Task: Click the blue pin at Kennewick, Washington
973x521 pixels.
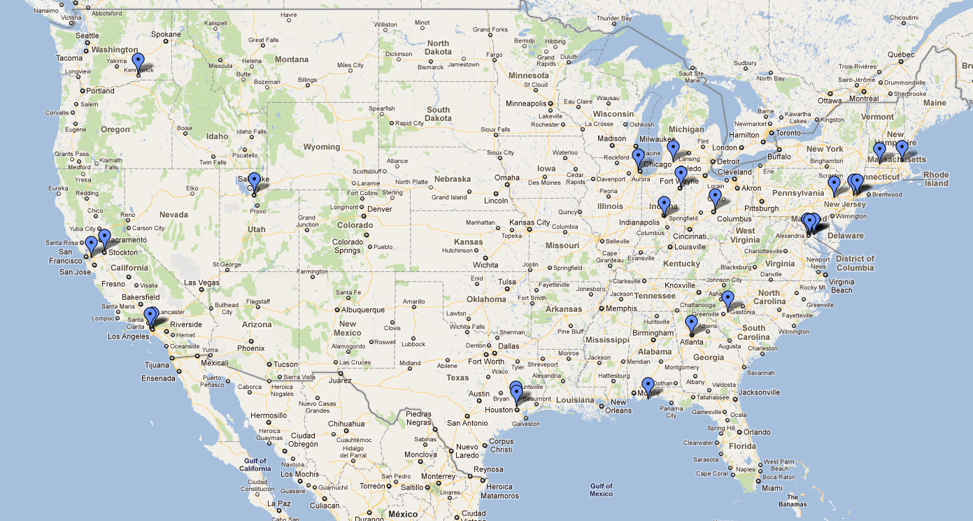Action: pyautogui.click(x=139, y=62)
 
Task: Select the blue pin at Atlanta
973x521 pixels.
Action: pyautogui.click(x=691, y=324)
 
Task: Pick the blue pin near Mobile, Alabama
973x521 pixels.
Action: pyautogui.click(x=648, y=385)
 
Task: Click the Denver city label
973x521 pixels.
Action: pyautogui.click(x=380, y=209)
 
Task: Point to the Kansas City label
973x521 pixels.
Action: pyautogui.click(x=530, y=222)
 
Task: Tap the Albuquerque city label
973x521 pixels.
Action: pyautogui.click(x=362, y=310)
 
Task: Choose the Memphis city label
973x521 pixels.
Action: pyautogui.click(x=622, y=308)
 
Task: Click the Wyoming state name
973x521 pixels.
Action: pyautogui.click(x=322, y=147)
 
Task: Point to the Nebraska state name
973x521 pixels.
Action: pyautogui.click(x=452, y=179)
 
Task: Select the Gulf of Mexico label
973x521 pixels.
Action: pyautogui.click(x=601, y=490)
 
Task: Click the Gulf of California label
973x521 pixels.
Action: pyautogui.click(x=255, y=464)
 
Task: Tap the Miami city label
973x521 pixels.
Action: pyautogui.click(x=772, y=487)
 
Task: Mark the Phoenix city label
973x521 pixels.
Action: pyautogui.click(x=250, y=348)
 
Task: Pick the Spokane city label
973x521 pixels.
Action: pyautogui.click(x=166, y=34)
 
